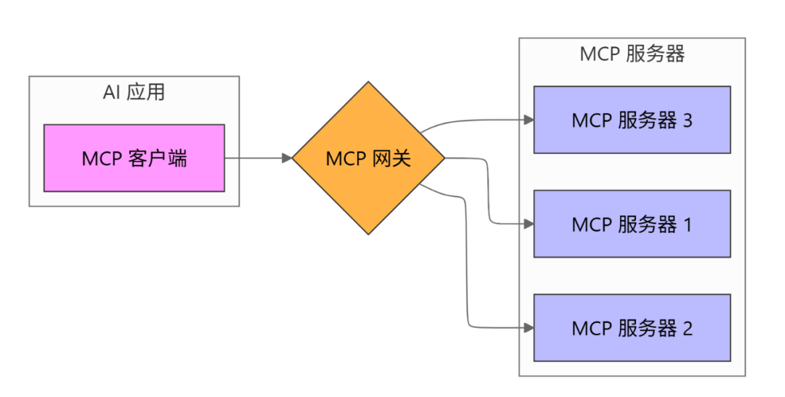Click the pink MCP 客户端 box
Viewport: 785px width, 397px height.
click(x=134, y=157)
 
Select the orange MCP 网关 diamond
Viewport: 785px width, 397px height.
click(x=368, y=157)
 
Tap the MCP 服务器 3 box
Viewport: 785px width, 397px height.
click(x=632, y=120)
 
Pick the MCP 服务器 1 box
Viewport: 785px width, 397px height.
click(x=632, y=224)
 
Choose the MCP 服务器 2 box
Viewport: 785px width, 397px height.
click(x=632, y=328)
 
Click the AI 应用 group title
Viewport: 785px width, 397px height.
click(x=134, y=92)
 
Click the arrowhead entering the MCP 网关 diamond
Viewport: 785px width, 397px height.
click(x=287, y=157)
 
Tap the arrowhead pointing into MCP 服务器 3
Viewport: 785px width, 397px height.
click(x=528, y=120)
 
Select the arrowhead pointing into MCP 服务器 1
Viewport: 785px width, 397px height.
click(x=528, y=224)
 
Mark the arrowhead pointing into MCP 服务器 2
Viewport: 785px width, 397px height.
click(x=528, y=328)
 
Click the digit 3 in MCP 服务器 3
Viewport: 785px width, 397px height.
click(x=687, y=120)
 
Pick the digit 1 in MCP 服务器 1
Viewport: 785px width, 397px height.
click(x=687, y=225)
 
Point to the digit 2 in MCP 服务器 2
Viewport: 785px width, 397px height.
click(x=687, y=329)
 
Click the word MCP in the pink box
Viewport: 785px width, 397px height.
click(x=100, y=158)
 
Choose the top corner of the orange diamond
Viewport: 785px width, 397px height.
click(x=368, y=83)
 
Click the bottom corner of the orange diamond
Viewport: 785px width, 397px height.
click(x=368, y=233)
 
